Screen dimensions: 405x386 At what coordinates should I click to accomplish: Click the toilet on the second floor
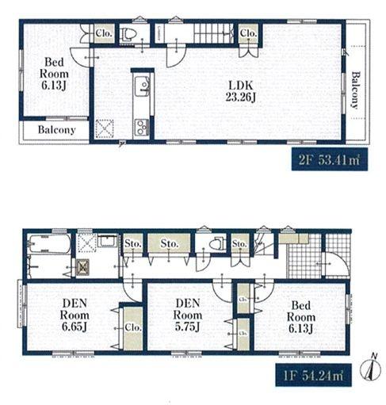130,34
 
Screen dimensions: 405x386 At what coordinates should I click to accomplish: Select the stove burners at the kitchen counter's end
140,125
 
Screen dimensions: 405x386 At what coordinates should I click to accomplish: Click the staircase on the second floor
212,34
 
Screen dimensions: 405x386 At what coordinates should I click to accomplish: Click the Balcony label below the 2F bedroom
55,130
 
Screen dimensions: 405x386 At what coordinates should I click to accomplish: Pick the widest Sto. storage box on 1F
169,245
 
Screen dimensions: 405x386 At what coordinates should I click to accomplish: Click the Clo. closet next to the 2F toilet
104,34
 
